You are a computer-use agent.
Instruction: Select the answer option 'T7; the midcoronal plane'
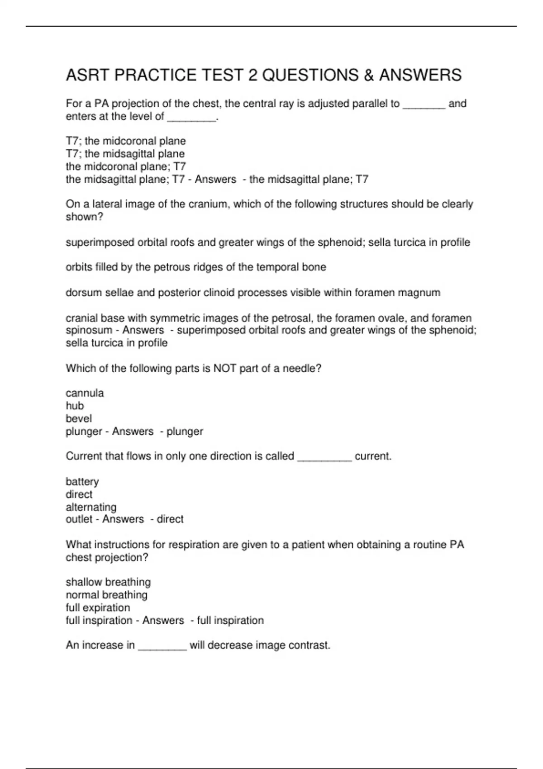126,141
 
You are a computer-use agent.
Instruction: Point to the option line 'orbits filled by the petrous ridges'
195,267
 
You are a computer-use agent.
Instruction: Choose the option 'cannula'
85,393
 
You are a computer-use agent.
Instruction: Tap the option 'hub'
75,406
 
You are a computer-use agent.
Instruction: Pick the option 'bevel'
79,418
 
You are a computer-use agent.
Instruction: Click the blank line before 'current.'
324,457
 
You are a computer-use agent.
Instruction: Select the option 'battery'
82,482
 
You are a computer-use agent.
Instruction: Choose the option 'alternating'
91,507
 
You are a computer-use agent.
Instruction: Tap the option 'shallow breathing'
108,582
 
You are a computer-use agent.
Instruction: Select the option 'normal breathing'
106,595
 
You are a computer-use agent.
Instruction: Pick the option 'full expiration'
98,608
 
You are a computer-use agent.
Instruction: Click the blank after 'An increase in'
162,646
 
